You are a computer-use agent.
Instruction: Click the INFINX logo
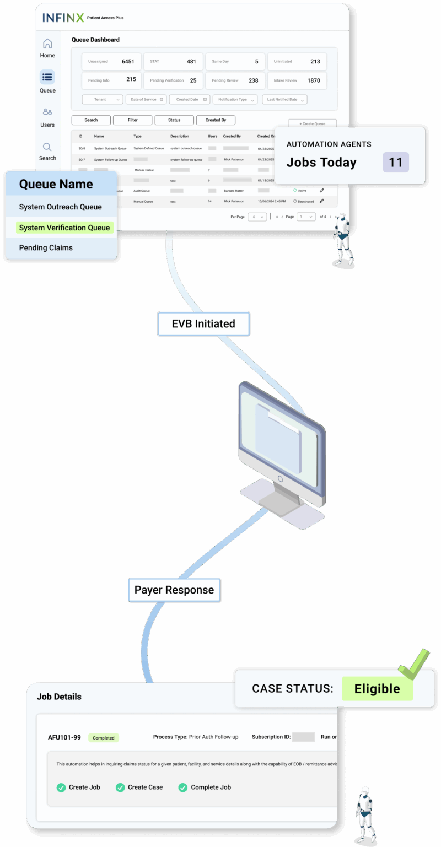63,18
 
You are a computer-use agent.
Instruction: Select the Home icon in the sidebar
47,44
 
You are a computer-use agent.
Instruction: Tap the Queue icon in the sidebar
47,77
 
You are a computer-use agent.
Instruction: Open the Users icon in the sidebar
47,112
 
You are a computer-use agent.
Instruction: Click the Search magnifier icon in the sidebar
47,147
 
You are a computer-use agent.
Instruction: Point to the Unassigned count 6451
128,62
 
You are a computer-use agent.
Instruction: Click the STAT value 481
191,62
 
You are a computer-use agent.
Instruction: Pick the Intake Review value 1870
314,80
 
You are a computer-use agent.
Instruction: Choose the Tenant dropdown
103,100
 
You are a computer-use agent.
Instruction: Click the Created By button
216,120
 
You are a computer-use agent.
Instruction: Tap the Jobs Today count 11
396,163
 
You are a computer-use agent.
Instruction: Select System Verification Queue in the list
64,228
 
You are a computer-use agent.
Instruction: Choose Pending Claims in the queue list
46,248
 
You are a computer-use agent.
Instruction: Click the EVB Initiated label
203,324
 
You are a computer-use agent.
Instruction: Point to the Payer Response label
174,590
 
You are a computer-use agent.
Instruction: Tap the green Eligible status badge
377,689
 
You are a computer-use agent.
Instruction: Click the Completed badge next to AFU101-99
104,738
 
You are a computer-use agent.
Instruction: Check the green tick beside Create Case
120,787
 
